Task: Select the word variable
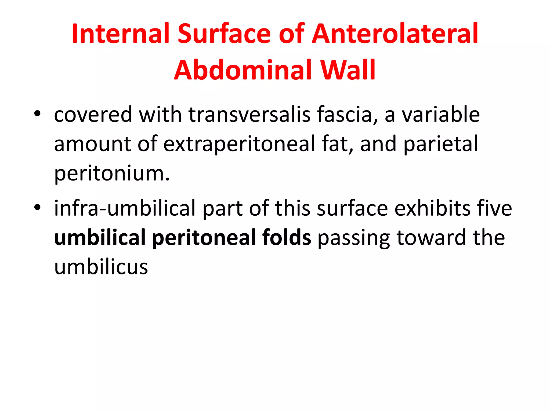[441, 115]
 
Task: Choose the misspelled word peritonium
[112, 174]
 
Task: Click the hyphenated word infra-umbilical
[125, 208]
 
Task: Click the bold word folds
[287, 238]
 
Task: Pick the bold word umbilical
[100, 238]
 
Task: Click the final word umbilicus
[101, 267]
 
